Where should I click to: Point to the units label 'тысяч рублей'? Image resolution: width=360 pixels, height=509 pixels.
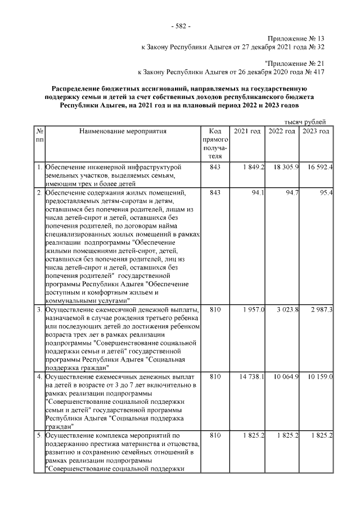tap(305, 121)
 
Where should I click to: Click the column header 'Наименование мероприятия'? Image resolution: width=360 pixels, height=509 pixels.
tap(123, 131)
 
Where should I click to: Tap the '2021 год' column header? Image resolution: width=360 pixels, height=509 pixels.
tap(247, 131)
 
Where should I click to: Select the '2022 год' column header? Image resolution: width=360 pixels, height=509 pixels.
tap(282, 131)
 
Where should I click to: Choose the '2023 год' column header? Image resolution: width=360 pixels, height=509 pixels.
tap(316, 131)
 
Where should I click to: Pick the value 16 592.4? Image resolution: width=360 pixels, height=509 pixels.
tap(318, 168)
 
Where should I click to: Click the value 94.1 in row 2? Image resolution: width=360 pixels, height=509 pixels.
tap(258, 193)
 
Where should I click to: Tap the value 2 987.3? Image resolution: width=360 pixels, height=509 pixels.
tap(320, 310)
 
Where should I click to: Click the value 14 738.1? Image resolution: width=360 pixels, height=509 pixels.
tap(250, 376)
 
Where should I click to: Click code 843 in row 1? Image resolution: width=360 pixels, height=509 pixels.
tap(214, 168)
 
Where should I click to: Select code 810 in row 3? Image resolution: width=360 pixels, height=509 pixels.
tap(214, 310)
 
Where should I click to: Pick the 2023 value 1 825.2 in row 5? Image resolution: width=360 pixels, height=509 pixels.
tap(320, 435)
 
